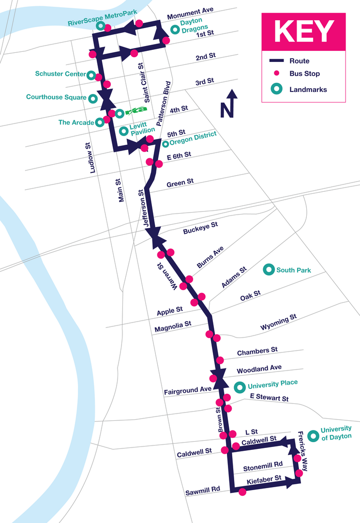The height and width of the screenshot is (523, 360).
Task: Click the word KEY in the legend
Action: point(304,31)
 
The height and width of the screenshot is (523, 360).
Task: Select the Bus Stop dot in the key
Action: point(276,74)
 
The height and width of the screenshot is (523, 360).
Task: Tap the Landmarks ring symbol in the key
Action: point(277,89)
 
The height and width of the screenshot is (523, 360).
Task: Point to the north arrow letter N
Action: point(226,110)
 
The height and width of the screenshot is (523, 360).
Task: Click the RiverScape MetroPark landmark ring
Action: point(100,26)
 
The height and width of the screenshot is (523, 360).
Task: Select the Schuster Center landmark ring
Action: point(91,75)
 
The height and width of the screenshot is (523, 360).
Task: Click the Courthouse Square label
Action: point(56,97)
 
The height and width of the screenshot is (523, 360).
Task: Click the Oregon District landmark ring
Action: point(165,144)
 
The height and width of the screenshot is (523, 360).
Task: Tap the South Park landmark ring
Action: point(269,270)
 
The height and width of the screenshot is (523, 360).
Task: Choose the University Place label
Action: point(273,384)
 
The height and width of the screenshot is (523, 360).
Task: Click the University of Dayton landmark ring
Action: point(313,436)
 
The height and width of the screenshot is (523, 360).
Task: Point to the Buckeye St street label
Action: point(200,228)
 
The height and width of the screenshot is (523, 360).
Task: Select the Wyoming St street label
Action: point(278,322)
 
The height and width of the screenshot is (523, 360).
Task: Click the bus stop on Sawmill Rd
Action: point(242,492)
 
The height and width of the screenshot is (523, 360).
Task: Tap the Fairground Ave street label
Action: point(188,390)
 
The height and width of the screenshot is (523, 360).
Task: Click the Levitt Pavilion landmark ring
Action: point(124,131)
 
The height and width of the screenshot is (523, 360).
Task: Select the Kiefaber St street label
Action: point(264,480)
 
